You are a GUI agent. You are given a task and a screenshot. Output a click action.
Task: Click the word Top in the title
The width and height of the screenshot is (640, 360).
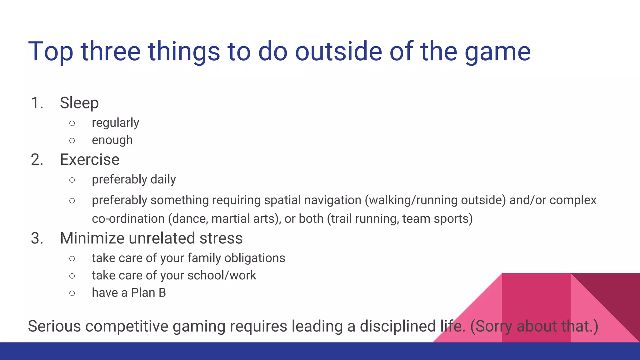[x=51, y=52]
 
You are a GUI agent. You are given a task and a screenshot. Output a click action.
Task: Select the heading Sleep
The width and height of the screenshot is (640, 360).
[x=79, y=103]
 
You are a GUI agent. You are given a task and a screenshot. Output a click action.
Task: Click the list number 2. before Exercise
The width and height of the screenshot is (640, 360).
[x=37, y=160]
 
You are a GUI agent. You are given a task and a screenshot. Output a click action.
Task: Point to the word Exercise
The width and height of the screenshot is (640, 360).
[x=90, y=160]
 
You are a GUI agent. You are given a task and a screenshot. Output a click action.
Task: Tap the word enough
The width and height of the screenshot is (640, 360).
[x=112, y=140]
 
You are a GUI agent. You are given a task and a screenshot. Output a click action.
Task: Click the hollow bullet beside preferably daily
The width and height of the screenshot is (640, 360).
[x=72, y=180]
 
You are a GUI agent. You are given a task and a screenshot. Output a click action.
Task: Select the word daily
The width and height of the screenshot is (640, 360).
[x=163, y=180]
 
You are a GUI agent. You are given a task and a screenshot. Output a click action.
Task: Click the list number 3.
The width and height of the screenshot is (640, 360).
[x=37, y=238]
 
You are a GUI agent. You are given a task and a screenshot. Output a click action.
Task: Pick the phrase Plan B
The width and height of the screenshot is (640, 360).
[x=148, y=293]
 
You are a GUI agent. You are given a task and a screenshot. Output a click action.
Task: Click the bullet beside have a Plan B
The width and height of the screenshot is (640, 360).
[x=72, y=293]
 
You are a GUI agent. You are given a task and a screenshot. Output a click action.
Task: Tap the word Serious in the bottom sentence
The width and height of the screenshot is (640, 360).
[x=54, y=326]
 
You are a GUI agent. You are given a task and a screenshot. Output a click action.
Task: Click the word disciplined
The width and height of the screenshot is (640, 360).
[x=397, y=326]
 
